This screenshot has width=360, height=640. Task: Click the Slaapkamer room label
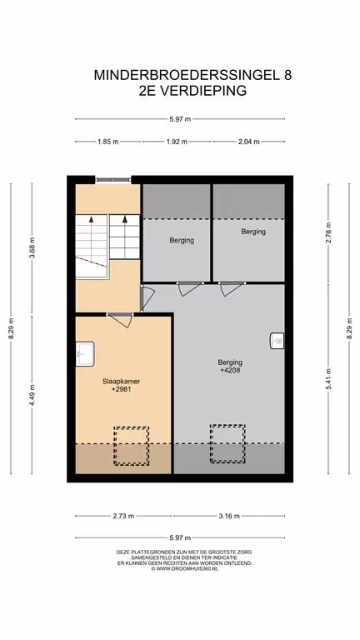121,381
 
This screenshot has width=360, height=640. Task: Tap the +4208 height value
230,370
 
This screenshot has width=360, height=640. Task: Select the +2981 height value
121,389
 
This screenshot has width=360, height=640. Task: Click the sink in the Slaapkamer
85,353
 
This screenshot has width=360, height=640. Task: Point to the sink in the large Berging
277,340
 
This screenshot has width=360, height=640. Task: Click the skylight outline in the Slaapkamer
131,446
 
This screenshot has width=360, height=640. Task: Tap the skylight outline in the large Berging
227,443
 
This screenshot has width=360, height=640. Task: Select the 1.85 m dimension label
108,142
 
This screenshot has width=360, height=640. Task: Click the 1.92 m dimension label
177,142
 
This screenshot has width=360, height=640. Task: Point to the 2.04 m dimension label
248,142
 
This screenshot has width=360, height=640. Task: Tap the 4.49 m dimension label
32,395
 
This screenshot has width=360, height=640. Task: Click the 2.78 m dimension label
328,232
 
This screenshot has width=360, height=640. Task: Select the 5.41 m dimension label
328,379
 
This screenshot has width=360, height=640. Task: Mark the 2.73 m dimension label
123,516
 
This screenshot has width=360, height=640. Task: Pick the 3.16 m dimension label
228,516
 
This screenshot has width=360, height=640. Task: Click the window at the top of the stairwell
113,179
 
